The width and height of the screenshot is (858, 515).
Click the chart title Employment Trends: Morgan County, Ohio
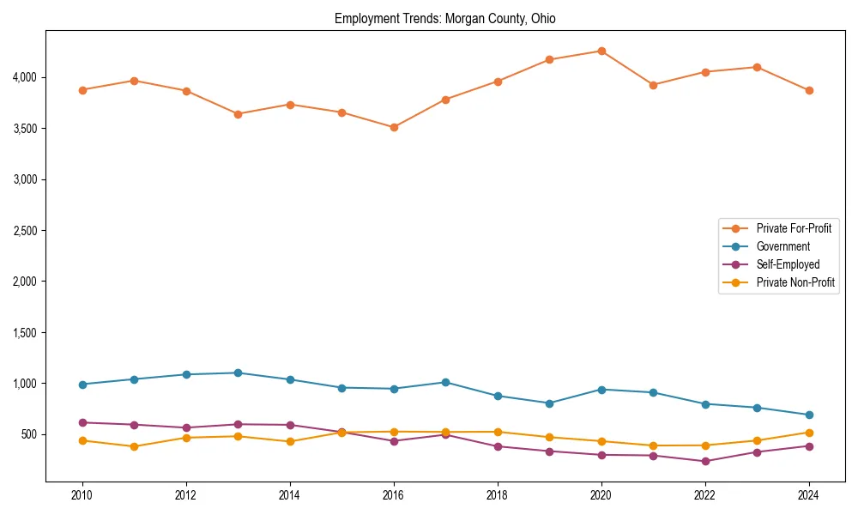444,18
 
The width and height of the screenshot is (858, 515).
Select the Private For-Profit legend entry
793,228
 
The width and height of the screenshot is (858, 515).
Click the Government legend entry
782,246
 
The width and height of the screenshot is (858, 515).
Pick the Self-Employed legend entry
788,264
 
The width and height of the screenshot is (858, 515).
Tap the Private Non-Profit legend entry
795,282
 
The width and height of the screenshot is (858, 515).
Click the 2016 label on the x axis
394,494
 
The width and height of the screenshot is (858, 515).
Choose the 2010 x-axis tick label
82,494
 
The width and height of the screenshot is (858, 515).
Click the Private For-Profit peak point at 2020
601,51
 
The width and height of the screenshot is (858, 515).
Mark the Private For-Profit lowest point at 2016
394,127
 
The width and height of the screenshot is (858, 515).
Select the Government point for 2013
238,373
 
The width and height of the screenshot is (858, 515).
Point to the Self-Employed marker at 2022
705,461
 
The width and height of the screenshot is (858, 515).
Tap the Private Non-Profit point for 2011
134,446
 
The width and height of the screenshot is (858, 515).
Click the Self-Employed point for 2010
82,422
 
